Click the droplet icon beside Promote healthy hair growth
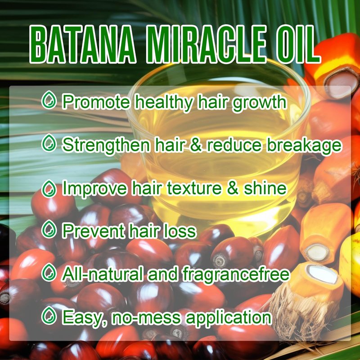point(49,100)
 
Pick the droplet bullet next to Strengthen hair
point(49,143)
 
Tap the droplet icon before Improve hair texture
point(49,189)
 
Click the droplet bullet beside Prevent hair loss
point(49,229)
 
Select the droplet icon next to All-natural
point(49,272)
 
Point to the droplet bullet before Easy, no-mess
point(49,315)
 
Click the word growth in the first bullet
point(260,103)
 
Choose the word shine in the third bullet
point(265,188)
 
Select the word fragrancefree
point(236,274)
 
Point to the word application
point(229,319)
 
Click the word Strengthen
point(106,146)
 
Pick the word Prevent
point(94,231)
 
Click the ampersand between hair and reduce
point(196,145)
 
